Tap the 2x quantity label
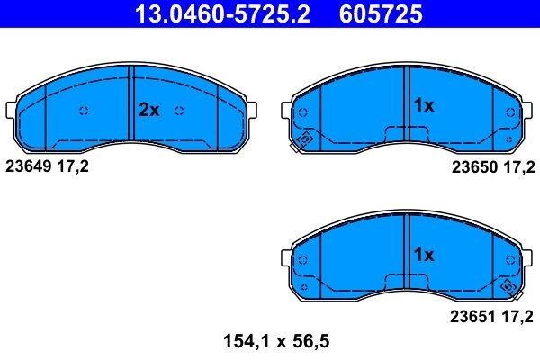pyautogui.click(x=148, y=111)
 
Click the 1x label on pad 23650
pyautogui.click(x=423, y=105)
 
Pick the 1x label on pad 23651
pyautogui.click(x=423, y=255)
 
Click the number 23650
pyautogui.click(x=472, y=166)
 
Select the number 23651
pyautogui.click(x=472, y=316)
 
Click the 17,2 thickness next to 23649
pyautogui.click(x=75, y=166)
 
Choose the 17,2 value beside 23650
pyautogui.click(x=518, y=166)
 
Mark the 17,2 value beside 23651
pyautogui.click(x=518, y=316)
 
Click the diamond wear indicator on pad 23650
pyautogui.click(x=303, y=140)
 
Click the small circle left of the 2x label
pyautogui.click(x=84, y=111)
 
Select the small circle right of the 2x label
pyautogui.click(x=179, y=111)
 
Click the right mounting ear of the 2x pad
pyautogui.click(x=256, y=111)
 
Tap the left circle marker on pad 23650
pyautogui.click(x=302, y=112)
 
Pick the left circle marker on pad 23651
pyautogui.click(x=302, y=261)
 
